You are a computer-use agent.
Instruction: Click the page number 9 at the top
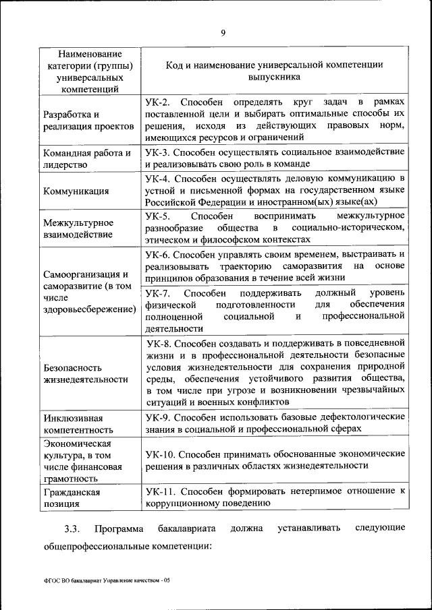point(223,32)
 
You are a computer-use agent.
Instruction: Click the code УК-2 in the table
point(157,102)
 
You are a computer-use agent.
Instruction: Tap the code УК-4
point(157,179)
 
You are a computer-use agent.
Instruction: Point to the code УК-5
point(157,216)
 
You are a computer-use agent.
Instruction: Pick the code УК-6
point(157,254)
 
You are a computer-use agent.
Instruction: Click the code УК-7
point(157,293)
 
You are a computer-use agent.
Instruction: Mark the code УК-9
point(157,417)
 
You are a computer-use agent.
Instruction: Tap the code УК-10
point(160,454)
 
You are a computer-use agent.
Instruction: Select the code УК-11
point(160,492)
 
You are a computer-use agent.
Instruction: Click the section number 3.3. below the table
point(72,528)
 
